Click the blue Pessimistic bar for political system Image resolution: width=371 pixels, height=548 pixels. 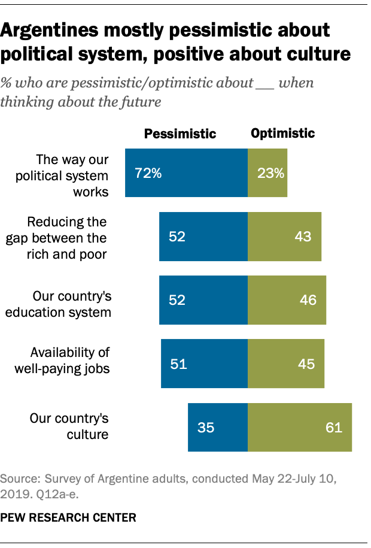(186, 174)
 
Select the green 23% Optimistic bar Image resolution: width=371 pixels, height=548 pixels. (267, 174)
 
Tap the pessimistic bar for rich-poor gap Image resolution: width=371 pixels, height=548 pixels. (203, 237)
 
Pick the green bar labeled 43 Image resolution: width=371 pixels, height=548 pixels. (284, 237)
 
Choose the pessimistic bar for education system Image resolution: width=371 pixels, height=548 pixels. (203, 300)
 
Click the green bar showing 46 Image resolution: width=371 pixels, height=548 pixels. (287, 300)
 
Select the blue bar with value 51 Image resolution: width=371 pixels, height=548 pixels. (204, 364)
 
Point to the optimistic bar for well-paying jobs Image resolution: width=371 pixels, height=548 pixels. (286, 364)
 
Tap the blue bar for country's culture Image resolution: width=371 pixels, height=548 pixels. (218, 427)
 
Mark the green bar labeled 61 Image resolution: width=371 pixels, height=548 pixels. (300, 427)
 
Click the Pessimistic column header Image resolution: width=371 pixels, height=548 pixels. (180, 134)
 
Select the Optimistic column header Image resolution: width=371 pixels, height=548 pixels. (283, 133)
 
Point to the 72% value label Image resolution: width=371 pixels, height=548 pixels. (148, 174)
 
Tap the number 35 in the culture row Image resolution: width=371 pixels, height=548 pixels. (205, 428)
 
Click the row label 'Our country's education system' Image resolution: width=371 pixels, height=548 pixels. (71, 304)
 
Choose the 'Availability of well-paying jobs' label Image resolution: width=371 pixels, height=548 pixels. (62, 360)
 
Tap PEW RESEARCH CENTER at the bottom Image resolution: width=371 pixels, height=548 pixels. (69, 516)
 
